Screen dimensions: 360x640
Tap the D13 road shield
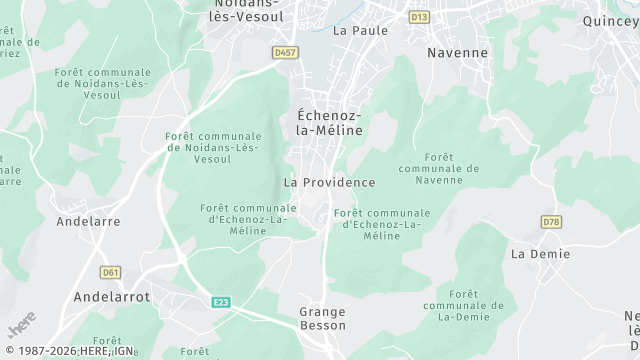[419, 17]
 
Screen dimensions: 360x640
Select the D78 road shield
[551, 221]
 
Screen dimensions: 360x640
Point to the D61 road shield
[110, 271]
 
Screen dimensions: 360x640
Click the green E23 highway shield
[221, 301]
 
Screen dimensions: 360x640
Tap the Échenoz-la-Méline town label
[329, 122]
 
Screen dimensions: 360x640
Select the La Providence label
[329, 183]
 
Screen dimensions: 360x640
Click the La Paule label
[353, 30]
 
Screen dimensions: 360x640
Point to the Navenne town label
[457, 52]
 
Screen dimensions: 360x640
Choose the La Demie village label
[540, 254]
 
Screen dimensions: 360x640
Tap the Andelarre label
[89, 220]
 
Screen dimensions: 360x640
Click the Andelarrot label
[112, 297]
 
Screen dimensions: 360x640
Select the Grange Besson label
[322, 318]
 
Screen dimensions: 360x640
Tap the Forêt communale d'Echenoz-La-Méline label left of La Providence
[238, 219]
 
